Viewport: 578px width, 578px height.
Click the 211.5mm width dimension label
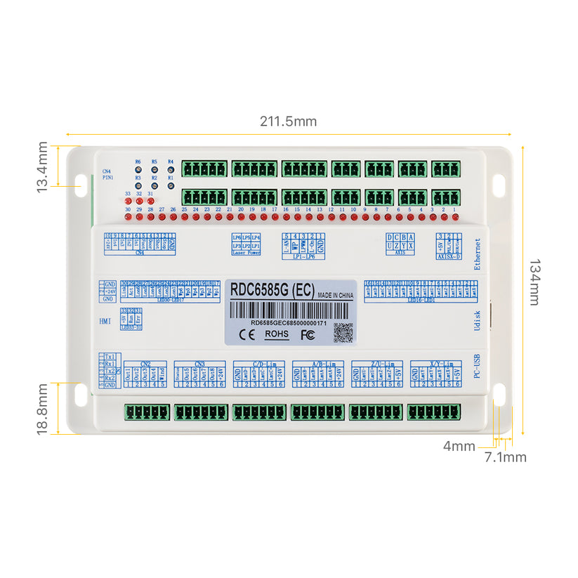point(288,121)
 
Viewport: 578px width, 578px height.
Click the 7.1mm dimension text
point(506,458)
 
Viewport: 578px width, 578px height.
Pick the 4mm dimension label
point(459,445)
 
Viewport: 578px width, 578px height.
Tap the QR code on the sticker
point(343,331)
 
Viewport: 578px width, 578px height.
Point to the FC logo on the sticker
point(306,334)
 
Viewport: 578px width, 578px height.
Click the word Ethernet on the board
point(478,254)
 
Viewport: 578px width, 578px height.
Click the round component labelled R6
point(138,169)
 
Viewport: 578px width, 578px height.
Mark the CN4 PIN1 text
point(107,175)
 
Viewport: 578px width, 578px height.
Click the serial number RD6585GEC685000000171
point(289,322)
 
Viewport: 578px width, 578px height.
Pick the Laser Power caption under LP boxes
point(246,252)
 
